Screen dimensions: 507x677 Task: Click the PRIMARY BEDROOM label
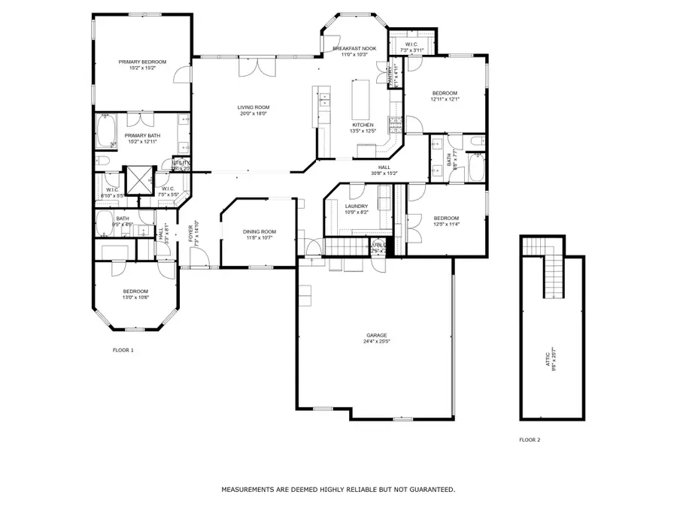[x=142, y=62]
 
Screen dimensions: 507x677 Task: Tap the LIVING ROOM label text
[x=253, y=107]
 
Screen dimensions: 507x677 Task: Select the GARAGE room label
[x=376, y=335]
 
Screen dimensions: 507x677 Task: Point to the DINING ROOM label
[x=260, y=231]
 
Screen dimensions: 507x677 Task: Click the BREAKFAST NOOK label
[x=354, y=48]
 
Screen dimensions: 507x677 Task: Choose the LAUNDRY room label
[x=356, y=206]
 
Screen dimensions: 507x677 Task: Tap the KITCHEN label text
[x=363, y=125]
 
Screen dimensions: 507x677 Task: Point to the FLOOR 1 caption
[x=123, y=350]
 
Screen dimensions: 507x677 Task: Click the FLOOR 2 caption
[x=530, y=439]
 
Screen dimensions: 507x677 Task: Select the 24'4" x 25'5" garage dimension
[x=376, y=342]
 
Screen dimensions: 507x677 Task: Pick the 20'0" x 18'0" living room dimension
[x=253, y=114]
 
